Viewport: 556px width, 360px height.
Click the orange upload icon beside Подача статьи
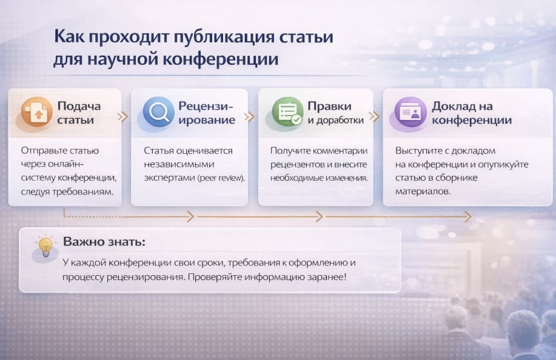point(36,112)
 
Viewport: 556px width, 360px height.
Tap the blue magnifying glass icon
point(158,112)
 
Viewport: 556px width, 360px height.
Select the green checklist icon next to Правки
point(287,112)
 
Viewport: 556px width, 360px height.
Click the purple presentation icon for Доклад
point(411,112)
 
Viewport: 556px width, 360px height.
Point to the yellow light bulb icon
point(45,246)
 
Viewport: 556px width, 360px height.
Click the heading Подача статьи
point(79,113)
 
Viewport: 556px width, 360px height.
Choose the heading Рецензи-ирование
point(206,113)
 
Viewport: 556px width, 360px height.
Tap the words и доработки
point(335,120)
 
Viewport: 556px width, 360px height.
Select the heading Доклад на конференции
point(471,113)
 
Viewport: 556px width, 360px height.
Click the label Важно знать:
point(104,242)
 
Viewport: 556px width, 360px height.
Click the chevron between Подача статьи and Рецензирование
point(124,117)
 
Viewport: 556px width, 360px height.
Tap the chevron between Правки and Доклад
point(374,117)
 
